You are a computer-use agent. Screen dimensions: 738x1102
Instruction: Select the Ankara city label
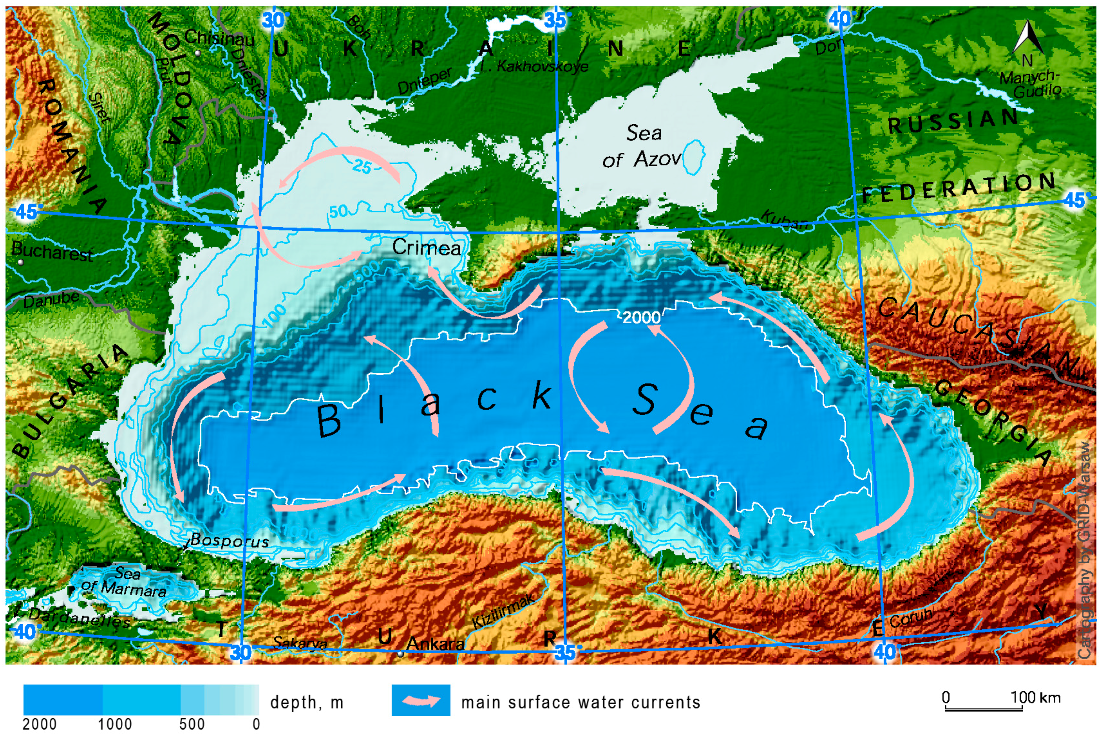coord(435,643)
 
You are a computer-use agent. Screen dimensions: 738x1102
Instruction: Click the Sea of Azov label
coord(643,146)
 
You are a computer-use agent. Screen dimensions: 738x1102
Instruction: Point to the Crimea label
coord(426,247)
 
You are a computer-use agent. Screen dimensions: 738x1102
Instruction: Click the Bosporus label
coord(230,541)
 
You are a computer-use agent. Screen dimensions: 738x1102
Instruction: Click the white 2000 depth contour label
coord(641,317)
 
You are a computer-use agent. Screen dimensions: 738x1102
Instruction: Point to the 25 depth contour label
coord(362,166)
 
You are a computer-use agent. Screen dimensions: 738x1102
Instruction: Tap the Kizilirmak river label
coord(503,611)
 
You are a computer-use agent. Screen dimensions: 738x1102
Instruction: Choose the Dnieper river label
coord(424,80)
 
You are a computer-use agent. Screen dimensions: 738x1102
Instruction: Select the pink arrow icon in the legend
coord(421,701)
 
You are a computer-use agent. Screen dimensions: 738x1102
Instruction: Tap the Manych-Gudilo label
coord(1030,84)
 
